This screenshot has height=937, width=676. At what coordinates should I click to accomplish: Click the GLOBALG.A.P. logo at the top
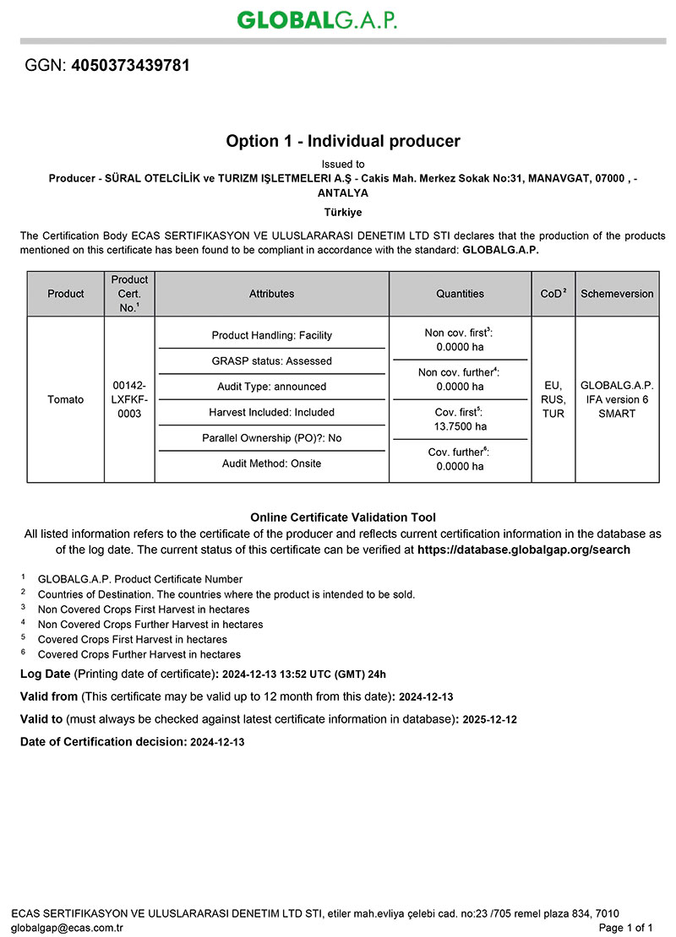(x=317, y=19)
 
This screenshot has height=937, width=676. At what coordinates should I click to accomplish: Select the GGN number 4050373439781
(x=131, y=65)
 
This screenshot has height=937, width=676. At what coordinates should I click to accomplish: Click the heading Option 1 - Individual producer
(x=343, y=141)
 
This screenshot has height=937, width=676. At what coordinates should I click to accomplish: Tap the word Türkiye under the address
(x=343, y=212)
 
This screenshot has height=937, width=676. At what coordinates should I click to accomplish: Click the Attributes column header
(x=271, y=294)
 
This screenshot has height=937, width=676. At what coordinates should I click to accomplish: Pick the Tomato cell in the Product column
(x=66, y=399)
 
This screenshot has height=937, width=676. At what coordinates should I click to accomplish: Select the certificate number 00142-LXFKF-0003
(x=129, y=399)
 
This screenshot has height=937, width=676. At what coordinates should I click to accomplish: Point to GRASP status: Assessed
(x=271, y=361)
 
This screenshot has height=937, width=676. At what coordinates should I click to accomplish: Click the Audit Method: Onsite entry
(x=271, y=463)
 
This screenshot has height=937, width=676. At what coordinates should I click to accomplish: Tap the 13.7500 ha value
(x=460, y=425)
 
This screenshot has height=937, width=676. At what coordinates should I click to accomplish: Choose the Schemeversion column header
(x=617, y=294)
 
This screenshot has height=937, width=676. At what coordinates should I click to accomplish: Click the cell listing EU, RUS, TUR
(x=553, y=399)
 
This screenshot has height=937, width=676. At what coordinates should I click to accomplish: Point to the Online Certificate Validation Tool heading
(x=343, y=517)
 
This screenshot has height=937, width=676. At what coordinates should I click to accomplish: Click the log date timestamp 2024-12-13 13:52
(x=270, y=674)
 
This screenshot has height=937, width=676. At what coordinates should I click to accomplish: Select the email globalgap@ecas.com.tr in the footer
(x=68, y=928)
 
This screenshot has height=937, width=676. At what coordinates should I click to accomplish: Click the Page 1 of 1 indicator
(x=626, y=928)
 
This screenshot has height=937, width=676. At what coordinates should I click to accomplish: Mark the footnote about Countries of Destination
(x=226, y=594)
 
